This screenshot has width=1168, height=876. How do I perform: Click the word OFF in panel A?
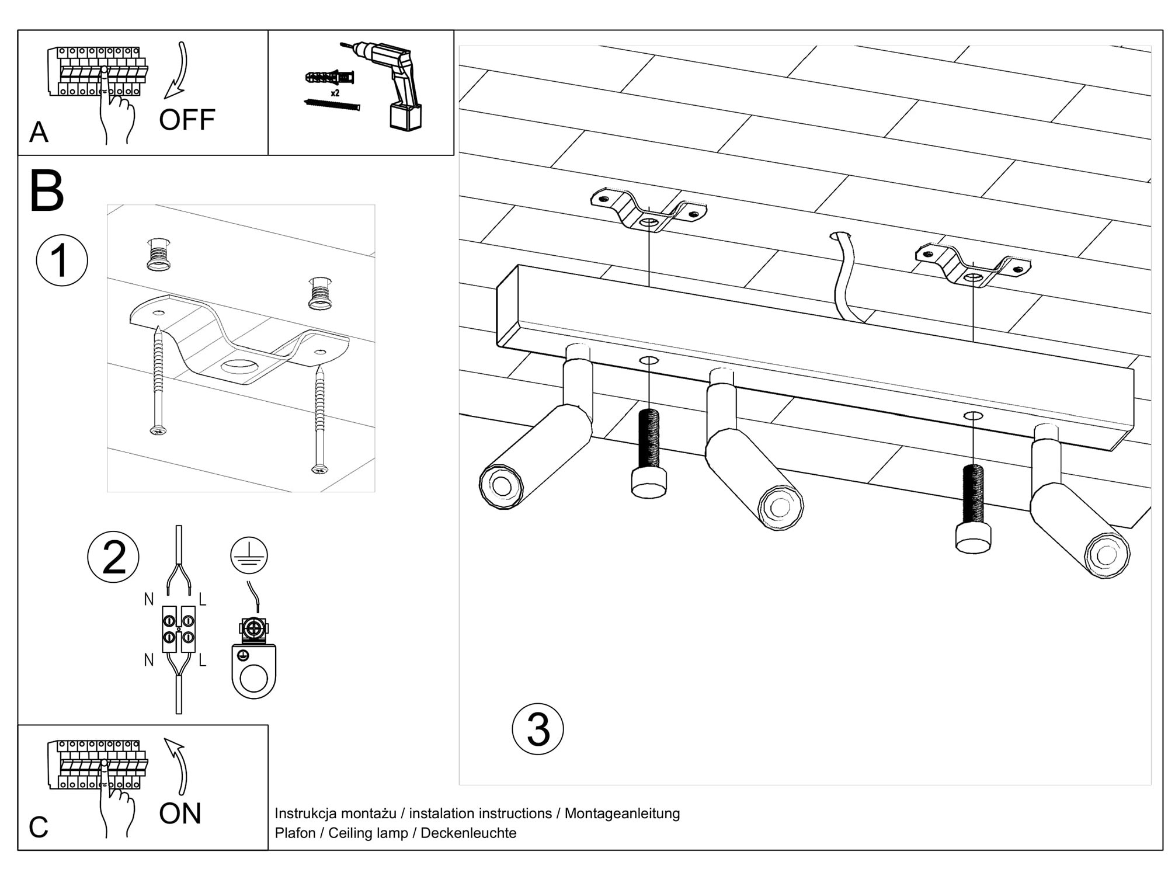pos(187,120)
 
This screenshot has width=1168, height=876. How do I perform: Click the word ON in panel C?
pos(180,814)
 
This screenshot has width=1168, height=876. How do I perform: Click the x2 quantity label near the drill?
pos(335,93)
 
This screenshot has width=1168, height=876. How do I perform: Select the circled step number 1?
pos(62,260)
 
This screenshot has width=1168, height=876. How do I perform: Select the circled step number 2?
pos(113,557)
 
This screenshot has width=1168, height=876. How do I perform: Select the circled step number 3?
pos(537,729)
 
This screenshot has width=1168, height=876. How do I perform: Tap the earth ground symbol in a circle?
pos(249,555)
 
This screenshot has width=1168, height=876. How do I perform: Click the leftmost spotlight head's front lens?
pos(502,485)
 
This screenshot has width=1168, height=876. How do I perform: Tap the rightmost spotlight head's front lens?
pos(1107,554)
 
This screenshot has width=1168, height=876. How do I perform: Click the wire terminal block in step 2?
pos(179,630)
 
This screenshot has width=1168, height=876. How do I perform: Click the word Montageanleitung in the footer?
pos(622,813)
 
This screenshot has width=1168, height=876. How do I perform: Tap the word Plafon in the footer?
pos(295,833)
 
